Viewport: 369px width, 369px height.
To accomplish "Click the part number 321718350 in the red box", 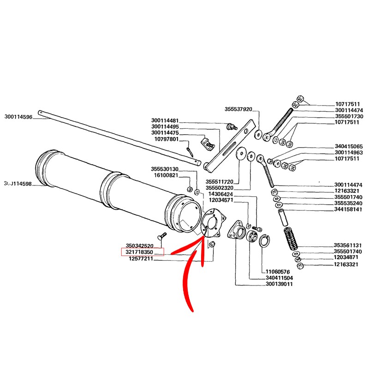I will (143, 253).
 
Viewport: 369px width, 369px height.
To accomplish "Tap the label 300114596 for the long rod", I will (18, 117).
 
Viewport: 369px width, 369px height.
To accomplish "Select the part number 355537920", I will (238, 109).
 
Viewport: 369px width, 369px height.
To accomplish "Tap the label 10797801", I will (166, 139).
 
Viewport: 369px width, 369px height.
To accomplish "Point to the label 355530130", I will (165, 169).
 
